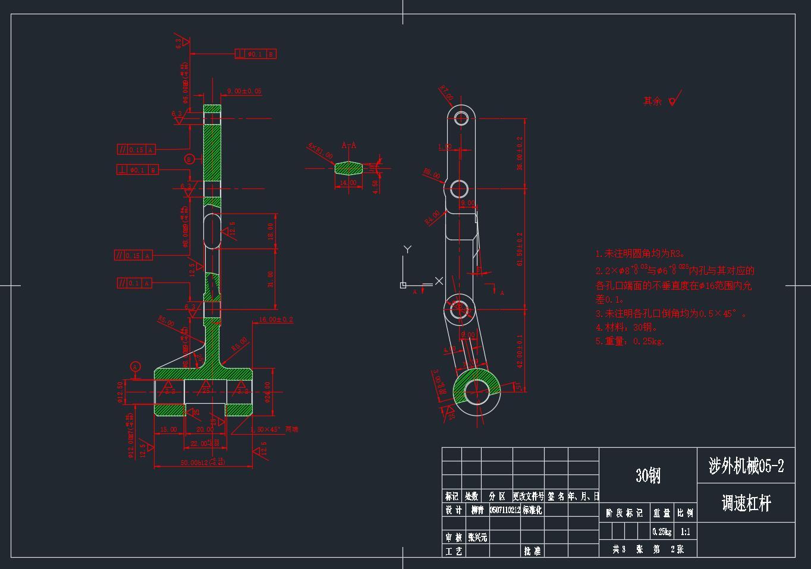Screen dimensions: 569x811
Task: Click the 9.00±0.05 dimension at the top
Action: [244, 91]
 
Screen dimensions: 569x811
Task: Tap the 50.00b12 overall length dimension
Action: [203, 463]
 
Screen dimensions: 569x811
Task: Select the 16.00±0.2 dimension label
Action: [276, 320]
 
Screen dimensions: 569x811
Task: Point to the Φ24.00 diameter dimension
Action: [268, 392]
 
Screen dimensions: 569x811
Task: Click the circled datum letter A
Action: [136, 367]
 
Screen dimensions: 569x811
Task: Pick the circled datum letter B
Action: [189, 159]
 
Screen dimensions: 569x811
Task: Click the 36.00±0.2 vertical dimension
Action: [520, 153]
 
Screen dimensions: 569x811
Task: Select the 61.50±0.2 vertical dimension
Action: [520, 249]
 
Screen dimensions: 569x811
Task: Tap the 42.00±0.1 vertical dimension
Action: [520, 351]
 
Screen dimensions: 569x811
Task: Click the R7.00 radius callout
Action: [447, 93]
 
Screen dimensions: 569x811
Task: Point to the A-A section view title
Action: [349, 145]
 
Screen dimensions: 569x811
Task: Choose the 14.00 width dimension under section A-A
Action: [348, 183]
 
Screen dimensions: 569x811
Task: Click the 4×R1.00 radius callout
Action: [320, 150]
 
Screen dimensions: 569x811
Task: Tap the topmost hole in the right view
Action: [462, 117]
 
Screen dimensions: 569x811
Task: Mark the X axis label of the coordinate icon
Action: [439, 281]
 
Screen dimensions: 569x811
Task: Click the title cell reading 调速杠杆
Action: [746, 504]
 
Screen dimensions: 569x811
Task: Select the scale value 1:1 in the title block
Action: [686, 532]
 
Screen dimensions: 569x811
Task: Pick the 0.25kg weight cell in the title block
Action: [662, 532]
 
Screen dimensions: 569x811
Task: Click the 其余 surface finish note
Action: [653, 101]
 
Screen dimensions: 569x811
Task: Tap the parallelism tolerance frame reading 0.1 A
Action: [134, 283]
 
